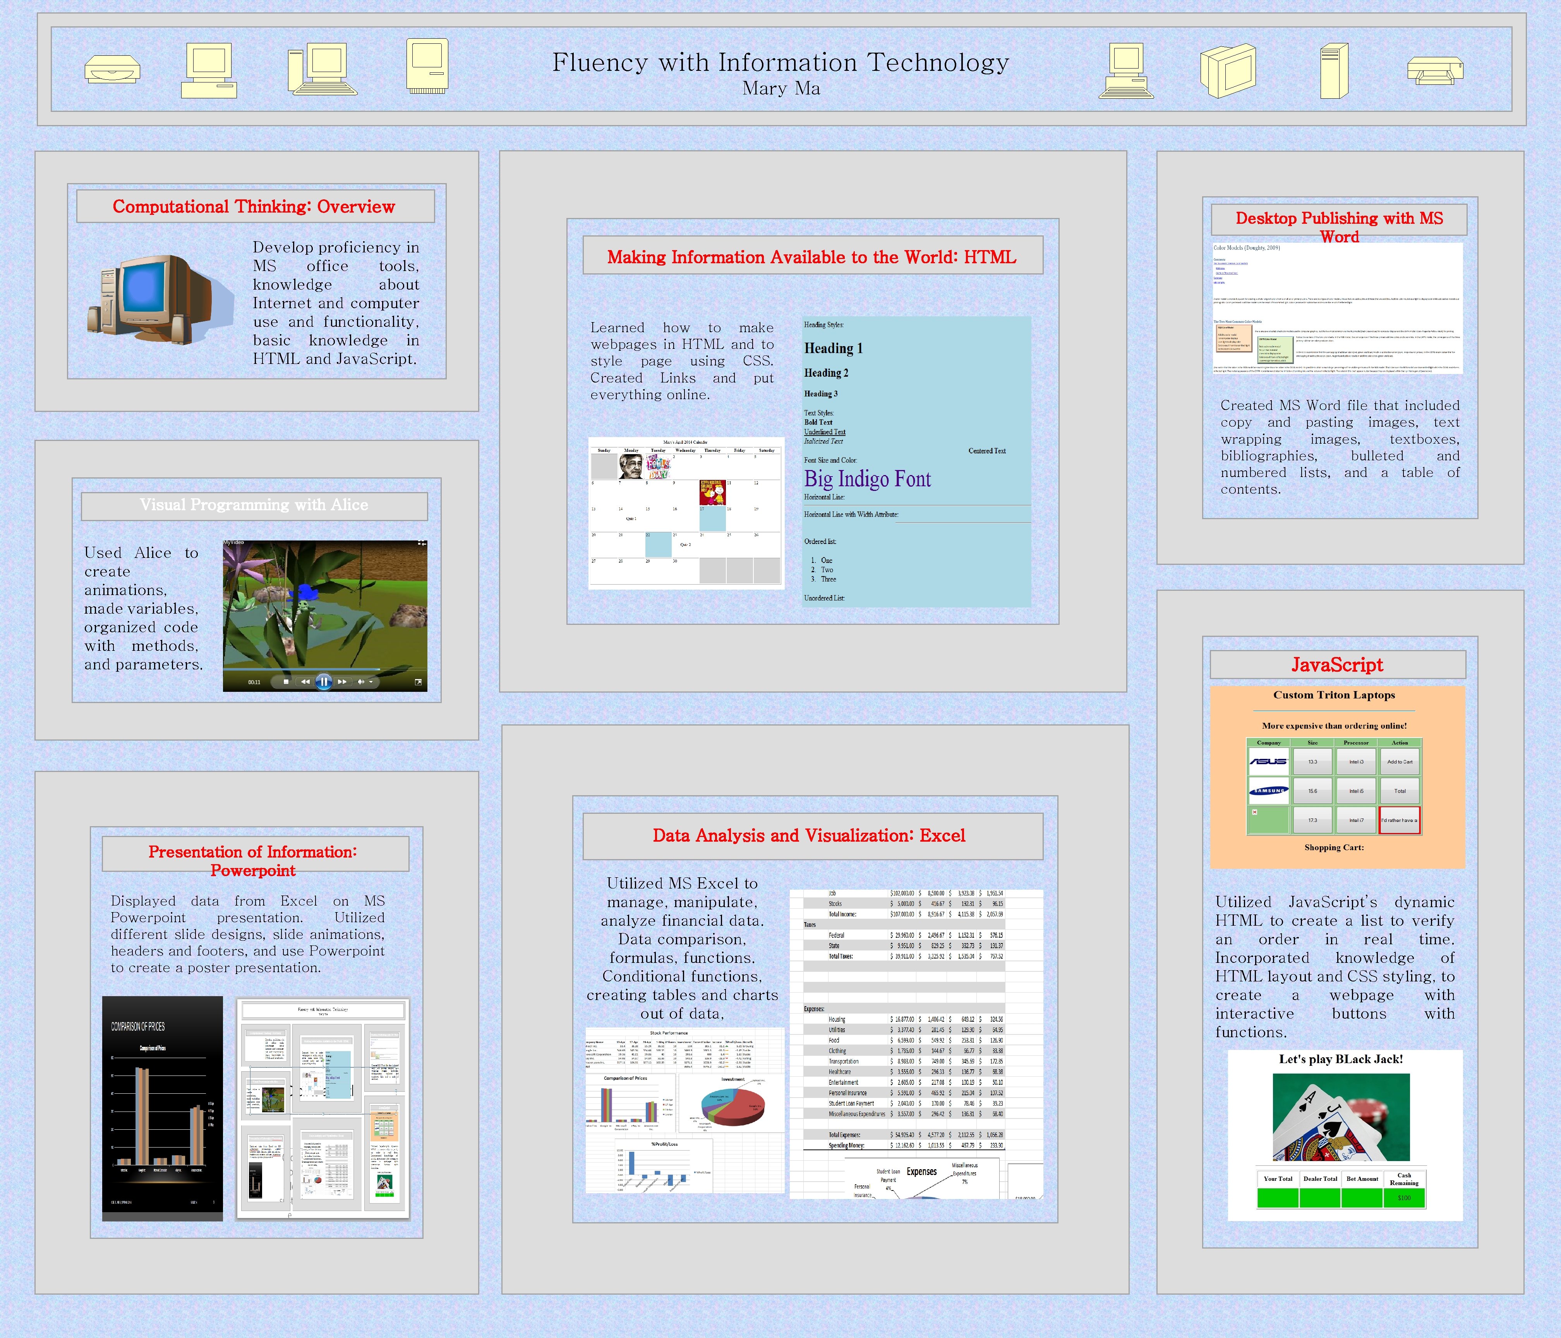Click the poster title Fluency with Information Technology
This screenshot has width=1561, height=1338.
[780, 63]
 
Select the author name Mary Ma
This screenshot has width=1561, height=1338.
[780, 89]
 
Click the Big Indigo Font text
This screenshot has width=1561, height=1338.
[867, 479]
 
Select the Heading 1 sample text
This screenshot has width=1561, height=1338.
[833, 348]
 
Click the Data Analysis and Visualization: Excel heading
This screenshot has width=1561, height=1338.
[808, 835]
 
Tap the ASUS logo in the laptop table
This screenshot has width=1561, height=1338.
[1269, 762]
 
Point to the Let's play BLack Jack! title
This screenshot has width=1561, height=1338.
[1341, 1059]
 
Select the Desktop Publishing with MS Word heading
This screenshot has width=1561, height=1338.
[1339, 227]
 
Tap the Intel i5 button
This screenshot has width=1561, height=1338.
[1356, 791]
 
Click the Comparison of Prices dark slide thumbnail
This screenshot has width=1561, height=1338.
[162, 1108]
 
